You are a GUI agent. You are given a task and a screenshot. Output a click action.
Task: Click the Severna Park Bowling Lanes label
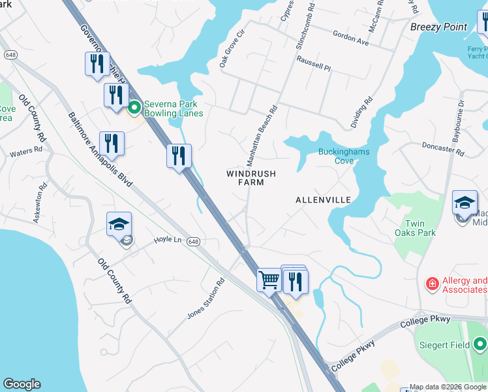(173, 108)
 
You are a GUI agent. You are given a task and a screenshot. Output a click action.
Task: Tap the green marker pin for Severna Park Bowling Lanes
(135, 107)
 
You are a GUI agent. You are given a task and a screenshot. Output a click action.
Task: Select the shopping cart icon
(269, 281)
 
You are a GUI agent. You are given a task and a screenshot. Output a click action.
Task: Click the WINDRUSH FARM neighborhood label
(251, 178)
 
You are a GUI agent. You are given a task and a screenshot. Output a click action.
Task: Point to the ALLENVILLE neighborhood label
(323, 199)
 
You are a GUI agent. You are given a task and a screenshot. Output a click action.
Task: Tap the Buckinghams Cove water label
(344, 156)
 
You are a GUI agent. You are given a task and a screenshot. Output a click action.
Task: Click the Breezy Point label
(439, 27)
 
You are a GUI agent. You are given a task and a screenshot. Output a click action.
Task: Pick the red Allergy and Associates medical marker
(432, 284)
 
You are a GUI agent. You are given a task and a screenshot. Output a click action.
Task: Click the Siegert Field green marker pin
(480, 342)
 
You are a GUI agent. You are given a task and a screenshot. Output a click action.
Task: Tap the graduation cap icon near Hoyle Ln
(120, 224)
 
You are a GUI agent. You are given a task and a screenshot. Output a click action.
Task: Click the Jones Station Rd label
(206, 298)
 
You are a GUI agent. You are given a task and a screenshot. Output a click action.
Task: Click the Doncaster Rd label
(442, 148)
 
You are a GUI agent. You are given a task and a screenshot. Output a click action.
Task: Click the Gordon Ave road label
(350, 39)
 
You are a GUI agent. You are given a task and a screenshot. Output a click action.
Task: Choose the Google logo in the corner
(22, 384)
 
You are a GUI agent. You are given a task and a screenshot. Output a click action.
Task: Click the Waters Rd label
(25, 154)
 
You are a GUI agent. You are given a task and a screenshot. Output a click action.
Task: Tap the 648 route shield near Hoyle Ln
(192, 242)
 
